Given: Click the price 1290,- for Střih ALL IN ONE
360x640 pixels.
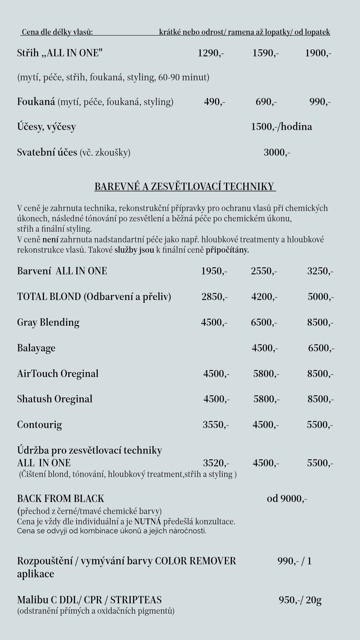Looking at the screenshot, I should pyautogui.click(x=211, y=53).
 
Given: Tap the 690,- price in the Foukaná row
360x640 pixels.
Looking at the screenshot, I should pyautogui.click(x=266, y=102).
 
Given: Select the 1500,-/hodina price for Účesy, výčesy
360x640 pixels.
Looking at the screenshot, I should pyautogui.click(x=281, y=127).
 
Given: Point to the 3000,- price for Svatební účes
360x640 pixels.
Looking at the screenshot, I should pyautogui.click(x=277, y=152).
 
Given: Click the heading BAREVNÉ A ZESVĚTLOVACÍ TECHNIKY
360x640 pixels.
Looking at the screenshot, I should pyautogui.click(x=185, y=186).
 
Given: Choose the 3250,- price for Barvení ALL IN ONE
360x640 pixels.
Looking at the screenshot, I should pyautogui.click(x=320, y=271).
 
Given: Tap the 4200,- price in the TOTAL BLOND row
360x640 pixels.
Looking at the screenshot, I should pyautogui.click(x=264, y=297).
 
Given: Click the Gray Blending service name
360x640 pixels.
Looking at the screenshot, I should pyautogui.click(x=48, y=322).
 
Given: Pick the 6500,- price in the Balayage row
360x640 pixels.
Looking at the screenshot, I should pyautogui.click(x=321, y=348).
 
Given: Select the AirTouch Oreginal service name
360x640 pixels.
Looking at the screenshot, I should pyautogui.click(x=58, y=374).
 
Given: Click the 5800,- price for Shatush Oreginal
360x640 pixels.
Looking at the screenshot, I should pyautogui.click(x=266, y=399).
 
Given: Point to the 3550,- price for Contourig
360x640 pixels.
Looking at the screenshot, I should pyautogui.click(x=216, y=425).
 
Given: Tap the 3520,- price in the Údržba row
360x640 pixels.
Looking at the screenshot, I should pyautogui.click(x=216, y=463).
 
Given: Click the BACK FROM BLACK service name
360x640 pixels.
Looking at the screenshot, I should pyautogui.click(x=61, y=499).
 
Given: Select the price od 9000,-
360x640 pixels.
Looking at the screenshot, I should pyautogui.click(x=287, y=499).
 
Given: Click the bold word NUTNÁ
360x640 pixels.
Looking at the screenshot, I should pyautogui.click(x=148, y=521).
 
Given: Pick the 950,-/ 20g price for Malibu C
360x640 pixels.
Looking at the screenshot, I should pyautogui.click(x=300, y=600).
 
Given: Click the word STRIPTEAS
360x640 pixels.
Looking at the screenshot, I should pyautogui.click(x=136, y=600).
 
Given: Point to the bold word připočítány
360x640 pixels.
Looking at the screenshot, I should pyautogui.click(x=227, y=250).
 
